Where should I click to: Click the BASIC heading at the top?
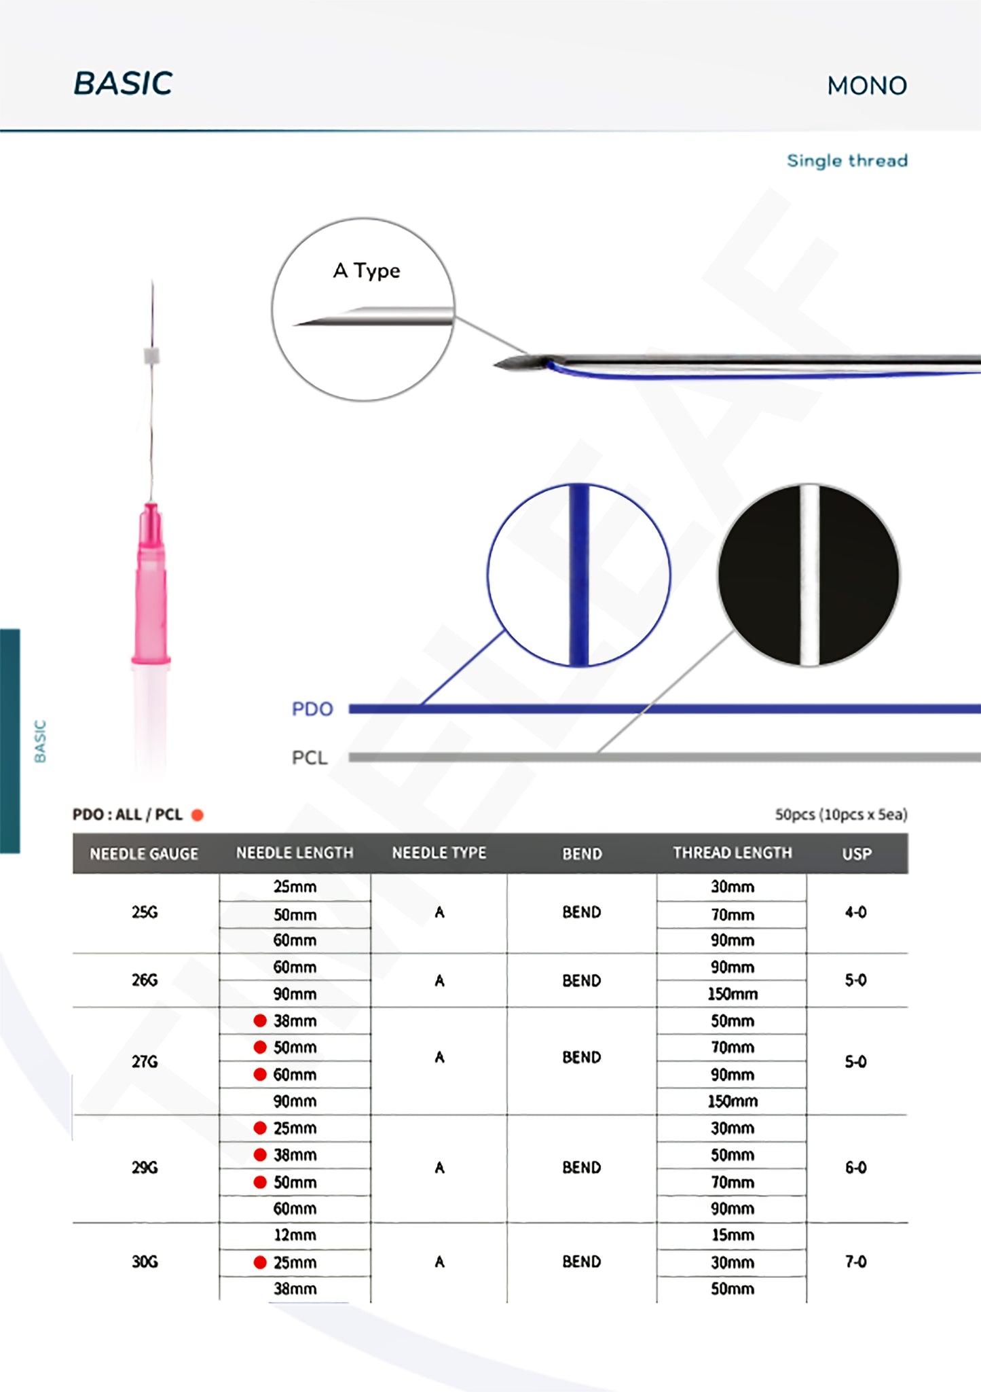point(123,84)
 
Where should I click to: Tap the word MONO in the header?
point(867,86)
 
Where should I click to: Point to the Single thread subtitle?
point(847,161)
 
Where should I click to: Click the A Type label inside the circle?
point(367,271)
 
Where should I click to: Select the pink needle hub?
point(151,584)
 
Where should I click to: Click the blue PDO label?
point(312,709)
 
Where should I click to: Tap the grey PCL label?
point(310,757)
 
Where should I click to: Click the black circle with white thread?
point(809,575)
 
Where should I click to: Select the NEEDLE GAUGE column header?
point(144,854)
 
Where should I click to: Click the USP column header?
point(857,854)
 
